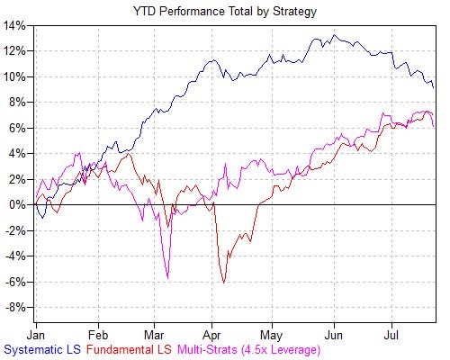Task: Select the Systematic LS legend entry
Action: point(46,346)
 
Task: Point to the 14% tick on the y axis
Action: point(16,25)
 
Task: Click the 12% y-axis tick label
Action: point(16,50)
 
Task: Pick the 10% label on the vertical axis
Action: point(16,76)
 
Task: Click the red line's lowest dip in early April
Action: point(224,283)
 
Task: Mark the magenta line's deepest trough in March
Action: point(167,278)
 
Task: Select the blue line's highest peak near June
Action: point(334,36)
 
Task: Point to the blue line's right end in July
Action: point(435,87)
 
